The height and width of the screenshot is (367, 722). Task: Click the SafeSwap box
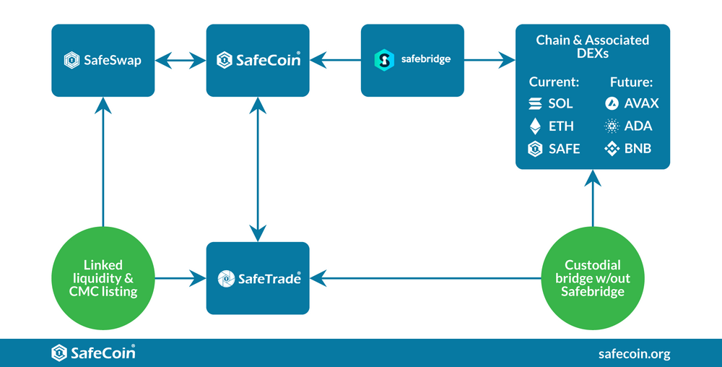[x=103, y=60]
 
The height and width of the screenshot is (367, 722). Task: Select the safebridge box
[x=412, y=60]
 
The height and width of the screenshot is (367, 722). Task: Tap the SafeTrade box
[x=258, y=277]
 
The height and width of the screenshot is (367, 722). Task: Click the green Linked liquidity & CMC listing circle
[x=103, y=277]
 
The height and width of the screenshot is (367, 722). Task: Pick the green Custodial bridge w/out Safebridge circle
[x=592, y=277]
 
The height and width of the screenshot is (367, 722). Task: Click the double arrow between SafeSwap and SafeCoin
[x=180, y=60]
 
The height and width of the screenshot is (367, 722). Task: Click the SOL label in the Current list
[x=560, y=103]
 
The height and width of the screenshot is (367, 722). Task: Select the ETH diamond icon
[x=535, y=126]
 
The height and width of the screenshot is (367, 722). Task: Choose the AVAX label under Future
[x=642, y=103]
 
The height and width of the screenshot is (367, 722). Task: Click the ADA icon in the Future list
[x=612, y=126]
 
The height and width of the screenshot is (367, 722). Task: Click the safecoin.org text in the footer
[x=635, y=353]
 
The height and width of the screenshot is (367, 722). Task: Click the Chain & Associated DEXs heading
[x=592, y=46]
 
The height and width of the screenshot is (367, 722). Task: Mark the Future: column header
[x=630, y=82]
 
